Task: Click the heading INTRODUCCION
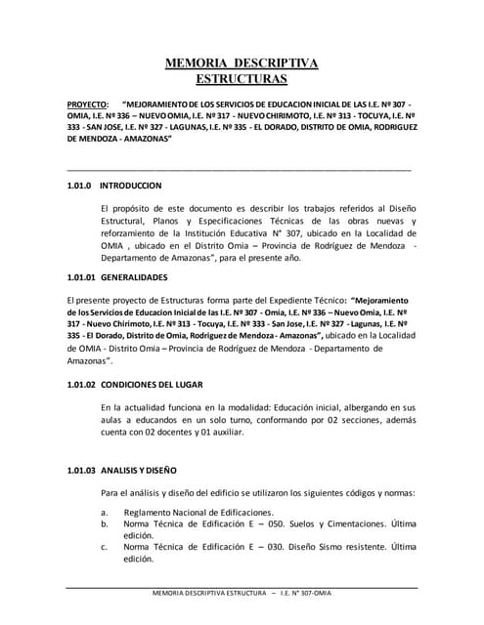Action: pyautogui.click(x=131, y=184)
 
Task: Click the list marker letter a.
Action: pyautogui.click(x=104, y=512)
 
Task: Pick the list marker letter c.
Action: pyautogui.click(x=104, y=547)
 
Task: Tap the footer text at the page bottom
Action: pyautogui.click(x=241, y=595)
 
